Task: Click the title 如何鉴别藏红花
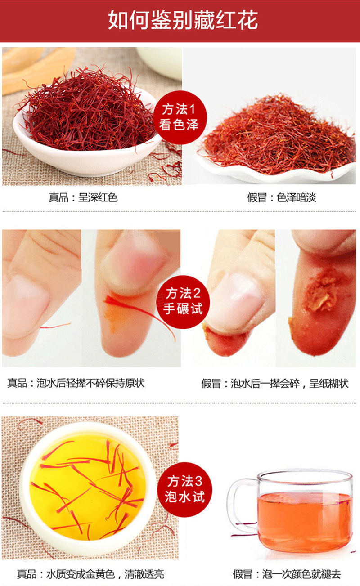183,20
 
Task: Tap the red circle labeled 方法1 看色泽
180,117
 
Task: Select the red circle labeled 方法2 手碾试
183,302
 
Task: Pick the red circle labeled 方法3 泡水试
184,489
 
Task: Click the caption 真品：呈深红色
83,197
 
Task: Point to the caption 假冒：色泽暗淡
282,197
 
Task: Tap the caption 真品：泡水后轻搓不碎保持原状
76,383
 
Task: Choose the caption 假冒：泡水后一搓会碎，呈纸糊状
275,384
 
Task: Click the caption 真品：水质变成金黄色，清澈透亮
90,574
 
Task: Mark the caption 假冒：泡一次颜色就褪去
287,574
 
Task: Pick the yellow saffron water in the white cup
86,485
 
